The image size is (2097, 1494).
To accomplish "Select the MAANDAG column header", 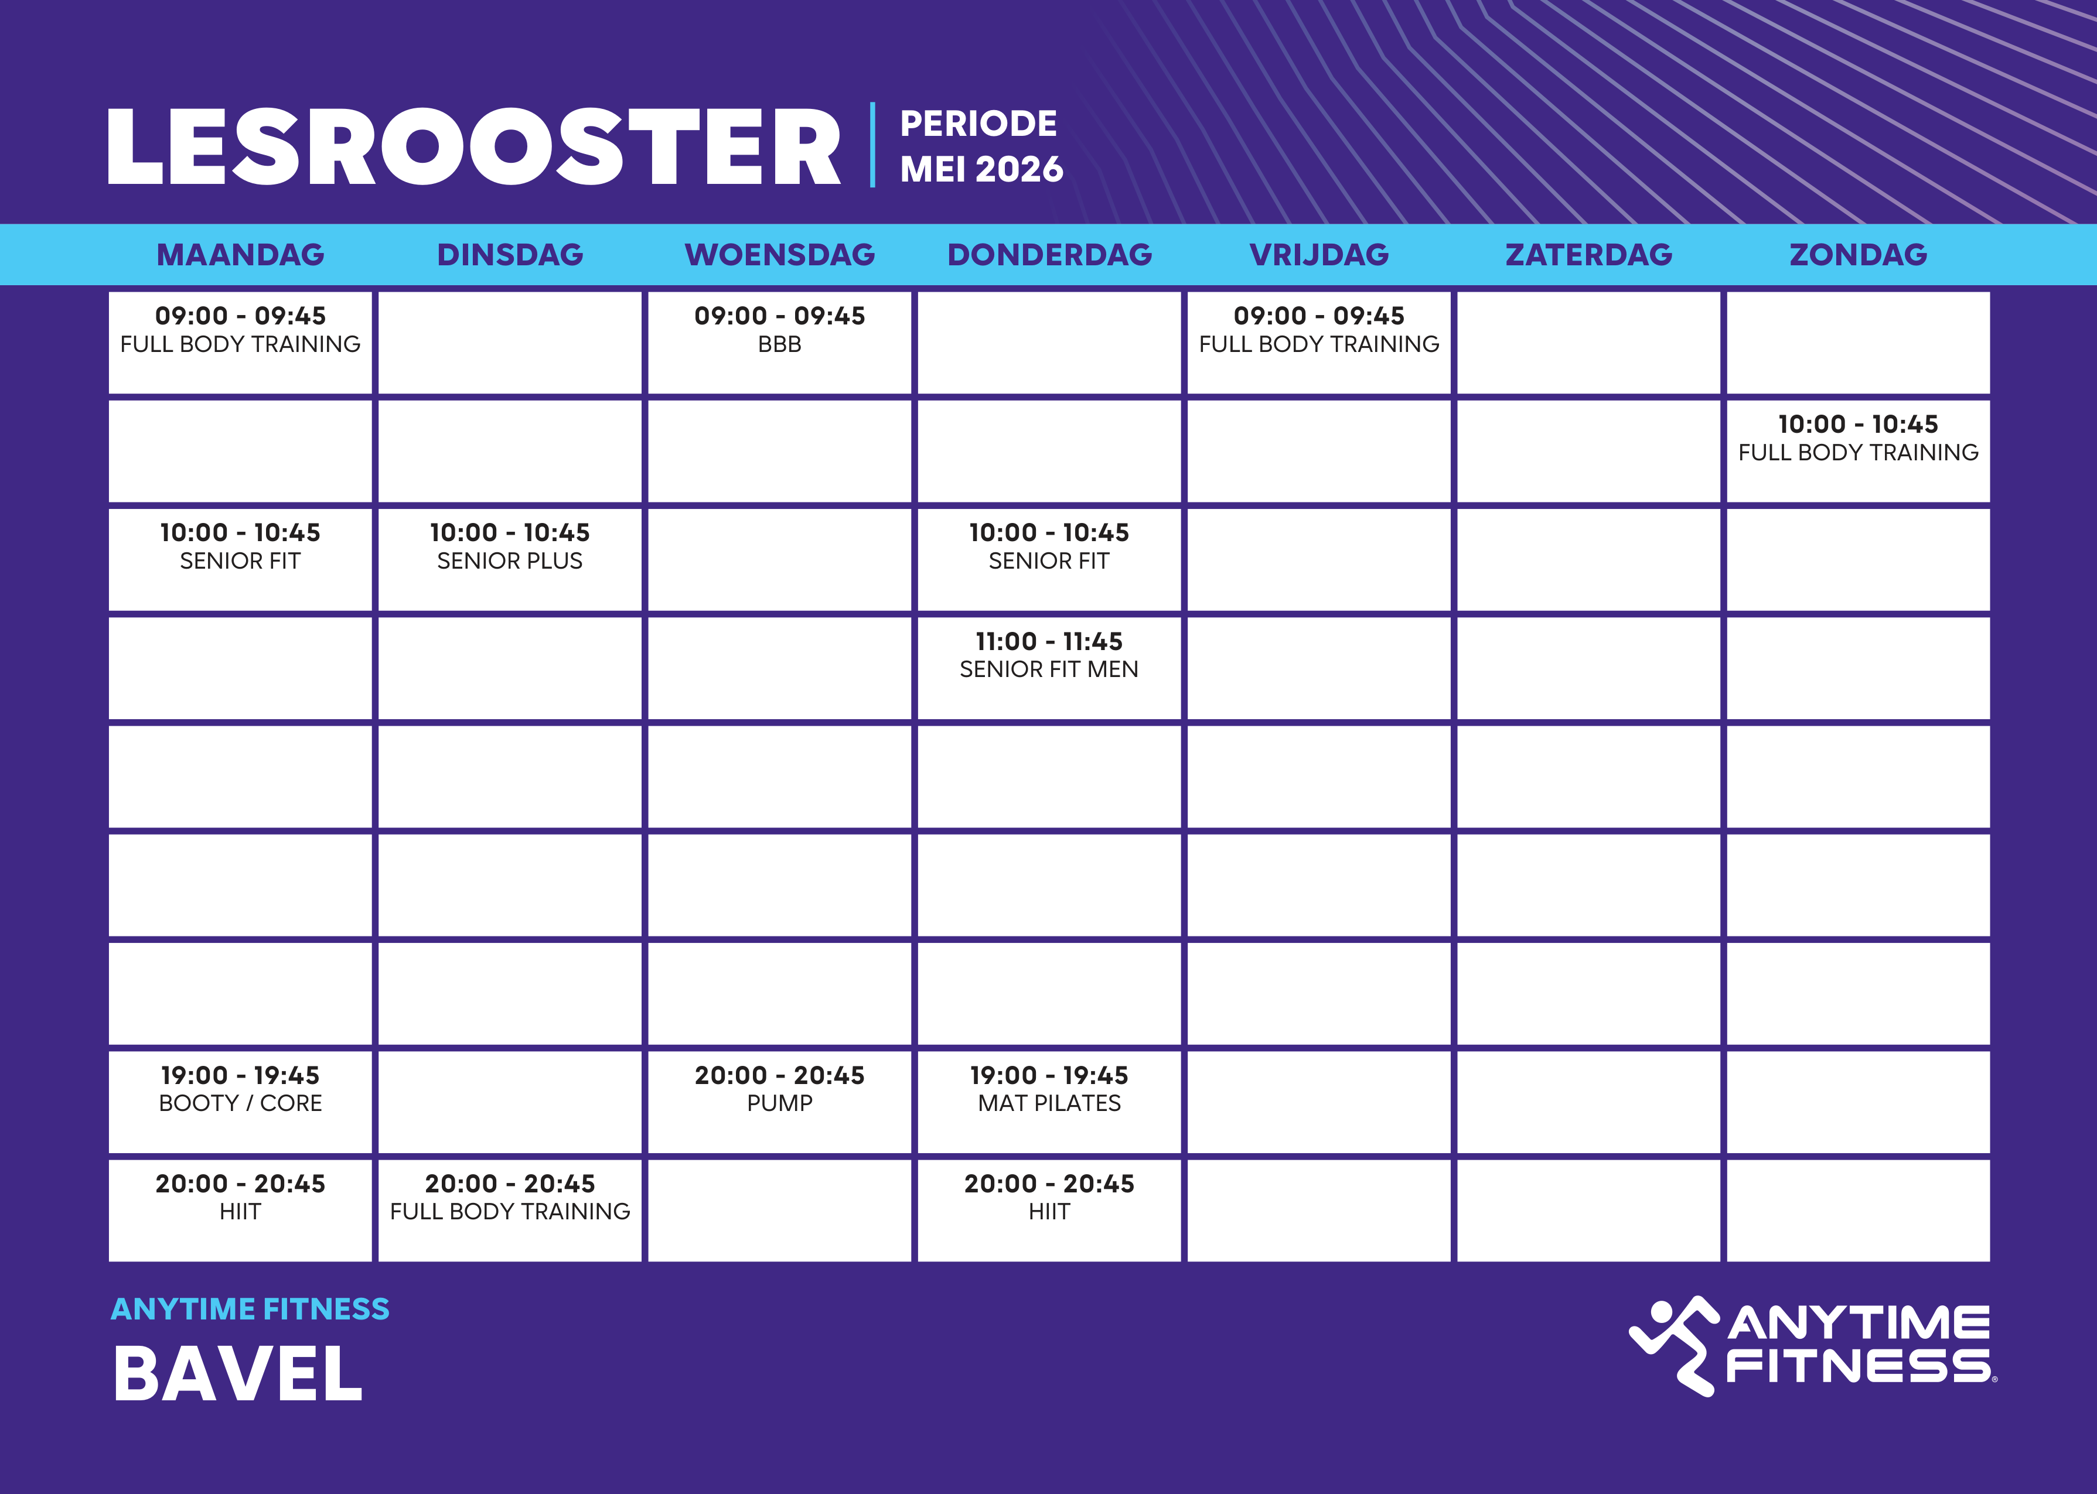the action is (x=240, y=255).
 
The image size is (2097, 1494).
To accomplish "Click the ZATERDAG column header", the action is (x=1588, y=255).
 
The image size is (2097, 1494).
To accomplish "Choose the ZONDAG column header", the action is (x=1858, y=255).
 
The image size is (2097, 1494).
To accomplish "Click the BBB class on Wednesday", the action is (x=779, y=344).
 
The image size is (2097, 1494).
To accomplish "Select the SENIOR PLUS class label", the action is (x=510, y=561).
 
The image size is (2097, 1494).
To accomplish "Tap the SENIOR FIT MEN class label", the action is (x=1049, y=670).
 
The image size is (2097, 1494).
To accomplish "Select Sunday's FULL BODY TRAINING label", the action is (x=1858, y=453).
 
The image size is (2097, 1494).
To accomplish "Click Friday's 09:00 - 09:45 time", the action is (x=1318, y=316).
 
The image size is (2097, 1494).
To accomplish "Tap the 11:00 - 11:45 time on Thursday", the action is (x=1049, y=641).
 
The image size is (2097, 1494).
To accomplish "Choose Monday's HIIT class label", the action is (x=240, y=1212).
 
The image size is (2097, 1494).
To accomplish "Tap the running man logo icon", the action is (x=1673, y=1346).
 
